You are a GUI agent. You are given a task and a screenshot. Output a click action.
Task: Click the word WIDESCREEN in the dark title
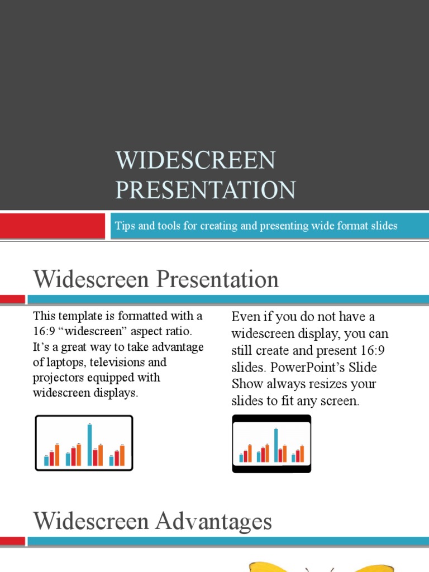click(196, 161)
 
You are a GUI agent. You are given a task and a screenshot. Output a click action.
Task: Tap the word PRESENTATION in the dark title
click(206, 190)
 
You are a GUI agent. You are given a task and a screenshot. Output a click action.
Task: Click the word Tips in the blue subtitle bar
click(124, 226)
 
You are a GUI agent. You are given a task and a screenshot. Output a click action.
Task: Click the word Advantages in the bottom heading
click(213, 521)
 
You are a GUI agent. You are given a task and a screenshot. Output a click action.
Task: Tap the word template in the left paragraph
click(76, 316)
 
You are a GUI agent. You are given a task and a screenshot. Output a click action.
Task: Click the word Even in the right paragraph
click(245, 317)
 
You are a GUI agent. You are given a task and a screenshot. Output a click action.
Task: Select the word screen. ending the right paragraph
click(338, 401)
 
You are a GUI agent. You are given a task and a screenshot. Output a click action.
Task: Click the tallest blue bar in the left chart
click(89, 444)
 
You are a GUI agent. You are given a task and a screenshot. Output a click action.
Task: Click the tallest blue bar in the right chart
click(276, 445)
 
